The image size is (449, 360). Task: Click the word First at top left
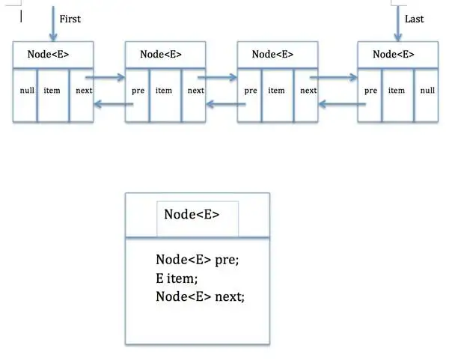click(x=70, y=19)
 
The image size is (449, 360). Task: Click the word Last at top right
click(x=414, y=19)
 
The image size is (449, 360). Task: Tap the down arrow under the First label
click(x=52, y=22)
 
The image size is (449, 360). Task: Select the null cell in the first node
click(x=27, y=91)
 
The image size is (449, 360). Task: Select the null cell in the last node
click(x=427, y=91)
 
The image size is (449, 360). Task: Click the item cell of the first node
click(x=52, y=91)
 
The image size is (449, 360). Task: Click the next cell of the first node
click(x=84, y=91)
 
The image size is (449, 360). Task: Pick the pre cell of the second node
click(x=138, y=91)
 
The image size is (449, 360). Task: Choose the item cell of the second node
click(x=164, y=91)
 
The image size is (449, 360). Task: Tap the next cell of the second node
click(x=195, y=91)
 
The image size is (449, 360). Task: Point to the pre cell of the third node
click(x=251, y=91)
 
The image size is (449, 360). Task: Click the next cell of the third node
click(x=308, y=91)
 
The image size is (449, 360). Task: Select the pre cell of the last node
click(x=370, y=91)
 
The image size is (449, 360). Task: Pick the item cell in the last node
click(x=397, y=91)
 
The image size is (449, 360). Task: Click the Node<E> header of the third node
click(x=272, y=54)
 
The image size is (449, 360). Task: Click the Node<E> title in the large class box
click(x=192, y=214)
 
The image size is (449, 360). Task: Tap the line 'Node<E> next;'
click(x=200, y=296)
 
